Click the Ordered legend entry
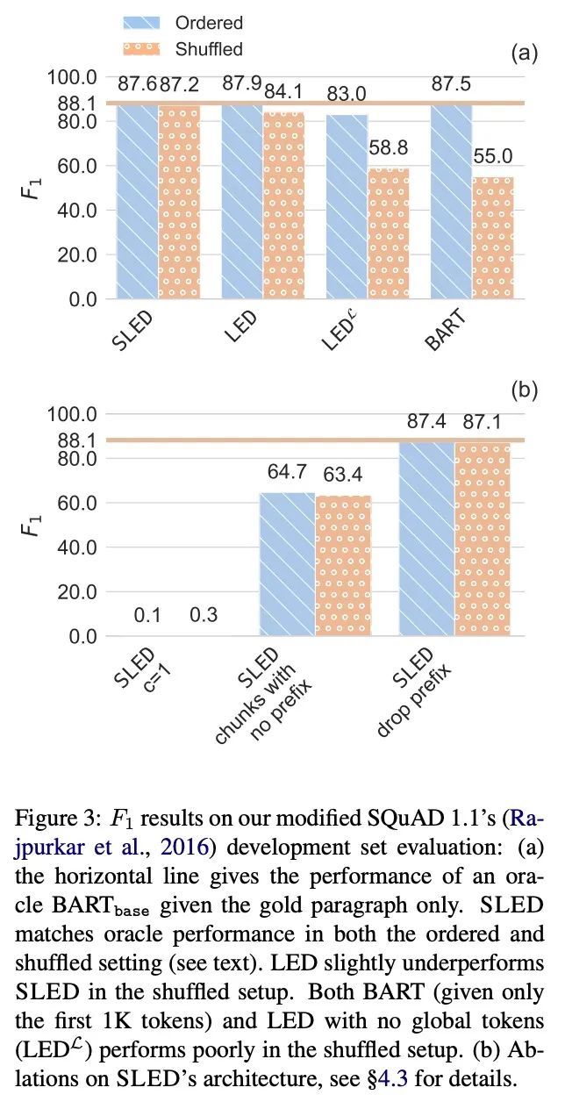[x=183, y=23]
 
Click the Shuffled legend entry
[x=183, y=49]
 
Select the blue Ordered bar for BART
[x=451, y=201]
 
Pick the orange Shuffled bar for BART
[x=493, y=238]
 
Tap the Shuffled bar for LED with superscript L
[x=389, y=233]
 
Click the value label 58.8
[x=389, y=147]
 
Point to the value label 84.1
[x=283, y=91]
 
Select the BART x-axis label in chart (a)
[x=446, y=330]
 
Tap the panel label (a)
[x=525, y=53]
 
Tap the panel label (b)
[x=525, y=390]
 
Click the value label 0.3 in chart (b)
[x=204, y=615]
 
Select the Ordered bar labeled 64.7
[x=287, y=564]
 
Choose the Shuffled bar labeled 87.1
[x=483, y=540]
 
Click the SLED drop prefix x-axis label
[x=414, y=691]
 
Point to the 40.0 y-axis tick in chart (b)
[x=77, y=547]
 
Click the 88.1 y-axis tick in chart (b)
[x=77, y=440]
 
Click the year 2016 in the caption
[x=183, y=848]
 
